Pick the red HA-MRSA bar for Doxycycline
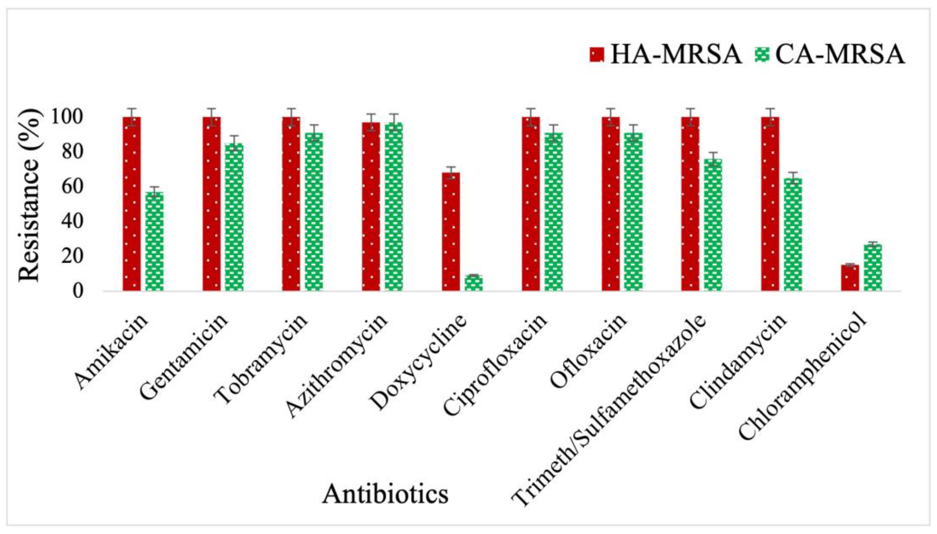click(x=451, y=231)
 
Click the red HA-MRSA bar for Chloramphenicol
click(x=850, y=278)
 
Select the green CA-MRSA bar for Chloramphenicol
click(x=873, y=267)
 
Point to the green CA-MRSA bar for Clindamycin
click(x=793, y=234)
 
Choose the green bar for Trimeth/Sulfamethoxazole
click(x=713, y=225)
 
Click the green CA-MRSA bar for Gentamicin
click(x=234, y=217)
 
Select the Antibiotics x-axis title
click(x=385, y=494)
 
